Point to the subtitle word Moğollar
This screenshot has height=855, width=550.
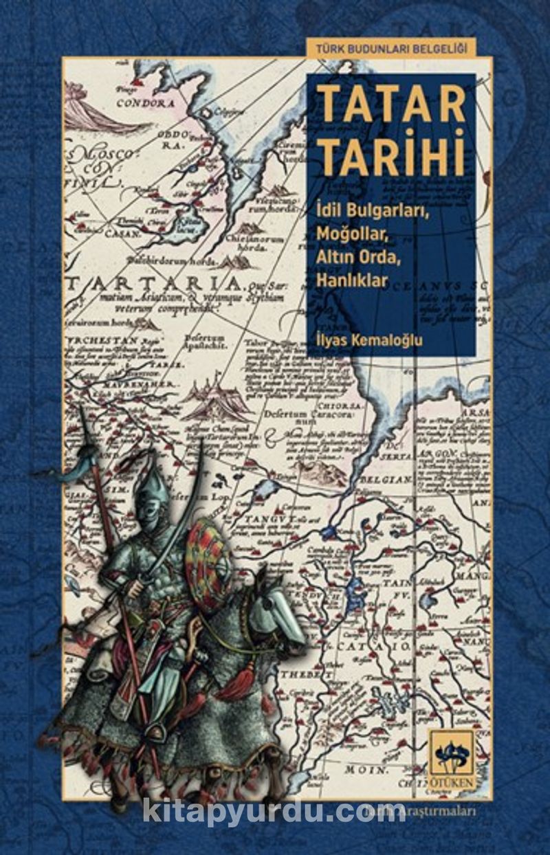(353, 233)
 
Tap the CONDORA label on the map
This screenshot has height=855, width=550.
(145, 104)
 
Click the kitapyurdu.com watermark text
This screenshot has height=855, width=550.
(274, 810)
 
